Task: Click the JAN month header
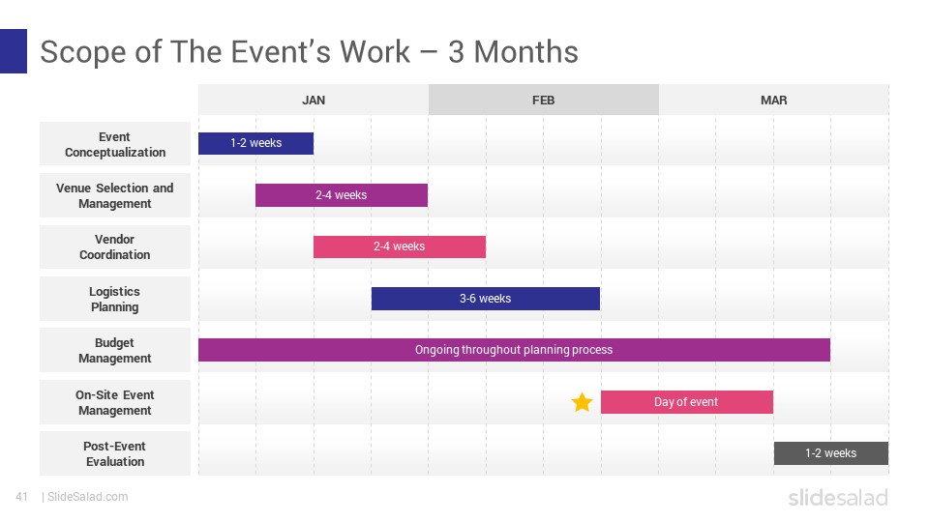314,100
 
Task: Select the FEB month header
543,100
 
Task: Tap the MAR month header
773,100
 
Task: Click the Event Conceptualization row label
115,144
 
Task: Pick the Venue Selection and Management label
115,195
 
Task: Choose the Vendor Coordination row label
115,246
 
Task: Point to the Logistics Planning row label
115,299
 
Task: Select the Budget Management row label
115,350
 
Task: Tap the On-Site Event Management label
115,402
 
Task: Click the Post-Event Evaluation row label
115,453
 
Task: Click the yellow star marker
582,402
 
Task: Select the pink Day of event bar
686,402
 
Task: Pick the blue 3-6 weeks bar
485,299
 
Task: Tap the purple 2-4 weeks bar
342,195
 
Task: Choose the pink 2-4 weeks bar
399,246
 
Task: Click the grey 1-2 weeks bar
830,453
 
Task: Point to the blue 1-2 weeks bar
255,143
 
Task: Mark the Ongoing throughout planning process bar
514,350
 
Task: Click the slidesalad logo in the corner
837,497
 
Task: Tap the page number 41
21,497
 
